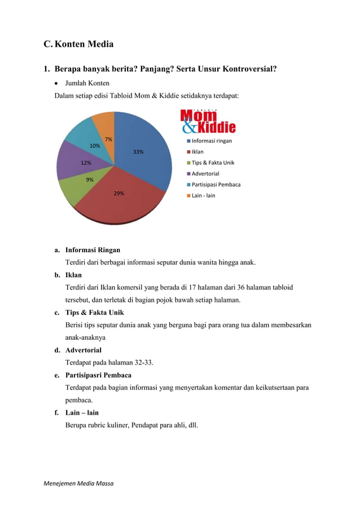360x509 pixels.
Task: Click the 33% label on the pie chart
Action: tap(138, 152)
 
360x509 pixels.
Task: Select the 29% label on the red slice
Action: tap(118, 193)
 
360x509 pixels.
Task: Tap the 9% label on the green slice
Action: tap(90, 179)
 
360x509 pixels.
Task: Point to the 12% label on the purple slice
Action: tap(86, 163)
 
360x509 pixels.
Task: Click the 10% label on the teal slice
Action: tap(95, 146)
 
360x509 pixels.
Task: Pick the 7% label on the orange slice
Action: tap(108, 139)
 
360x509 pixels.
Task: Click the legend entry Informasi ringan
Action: tap(212, 141)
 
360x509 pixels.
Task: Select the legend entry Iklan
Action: tap(197, 152)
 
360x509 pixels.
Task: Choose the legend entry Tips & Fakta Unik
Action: tap(213, 163)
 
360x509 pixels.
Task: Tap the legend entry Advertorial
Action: tap(205, 173)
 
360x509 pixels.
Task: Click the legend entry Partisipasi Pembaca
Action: tap(216, 185)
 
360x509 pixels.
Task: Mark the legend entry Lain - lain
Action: tap(203, 195)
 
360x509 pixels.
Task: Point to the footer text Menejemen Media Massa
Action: tap(78, 484)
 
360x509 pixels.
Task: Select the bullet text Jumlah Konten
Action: tap(87, 83)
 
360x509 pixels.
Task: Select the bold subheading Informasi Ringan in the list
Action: tap(93, 249)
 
